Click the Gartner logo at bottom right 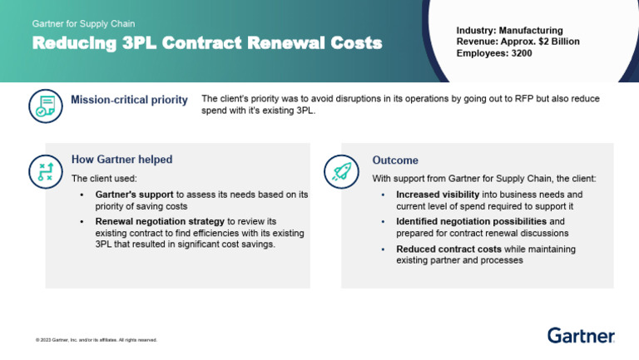click(581, 336)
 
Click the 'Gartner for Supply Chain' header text click(83, 24)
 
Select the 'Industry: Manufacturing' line click(509, 30)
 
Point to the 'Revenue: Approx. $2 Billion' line click(518, 42)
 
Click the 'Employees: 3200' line click(493, 53)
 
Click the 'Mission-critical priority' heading click(129, 101)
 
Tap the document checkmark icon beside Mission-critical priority click(45, 106)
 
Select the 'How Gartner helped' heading click(121, 160)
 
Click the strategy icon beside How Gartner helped click(45, 170)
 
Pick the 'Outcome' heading click(395, 160)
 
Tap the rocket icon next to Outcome click(340, 170)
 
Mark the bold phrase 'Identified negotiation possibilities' click(471, 222)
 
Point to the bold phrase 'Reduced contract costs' click(448, 249)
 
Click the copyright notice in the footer click(96, 340)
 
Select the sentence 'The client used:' click(104, 178)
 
